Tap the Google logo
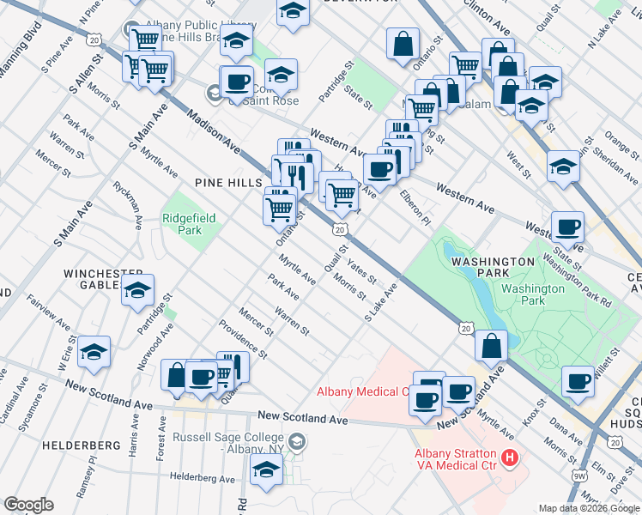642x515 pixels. coord(28,505)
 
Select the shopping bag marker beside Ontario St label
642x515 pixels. coord(403,43)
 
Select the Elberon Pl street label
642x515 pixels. coord(414,208)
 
